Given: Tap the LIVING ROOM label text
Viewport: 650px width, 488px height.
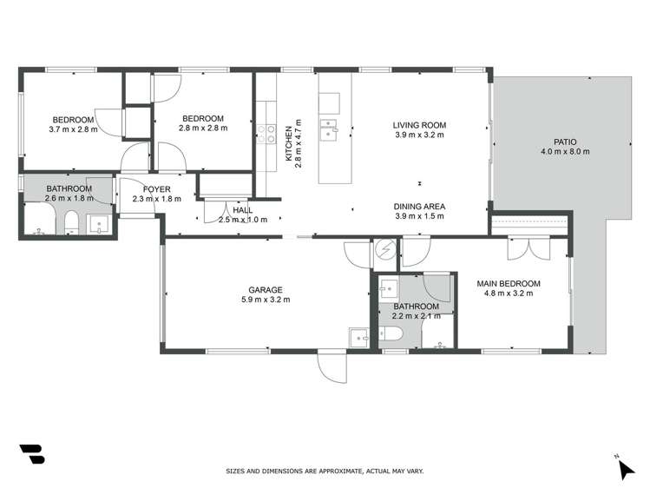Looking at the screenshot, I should tap(420, 125).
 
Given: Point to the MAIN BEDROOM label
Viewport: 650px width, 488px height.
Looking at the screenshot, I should tap(509, 283).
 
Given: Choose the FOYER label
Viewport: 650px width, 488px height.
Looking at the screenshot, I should tap(156, 188).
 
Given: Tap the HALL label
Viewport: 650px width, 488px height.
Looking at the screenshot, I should tap(243, 209).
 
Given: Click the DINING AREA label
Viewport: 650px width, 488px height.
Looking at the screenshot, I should tap(419, 206).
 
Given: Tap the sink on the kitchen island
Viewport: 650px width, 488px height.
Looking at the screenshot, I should tap(329, 130).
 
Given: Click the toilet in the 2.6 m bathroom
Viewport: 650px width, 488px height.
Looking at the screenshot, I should tap(69, 227).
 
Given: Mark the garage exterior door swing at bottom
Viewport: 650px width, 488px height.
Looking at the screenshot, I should tap(332, 369).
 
